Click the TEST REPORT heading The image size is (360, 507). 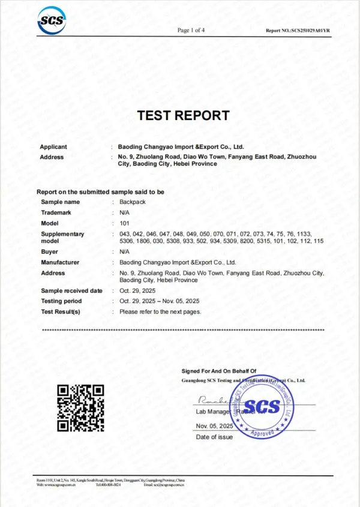tap(183, 115)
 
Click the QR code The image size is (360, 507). tap(80, 407)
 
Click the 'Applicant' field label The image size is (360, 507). tap(53, 147)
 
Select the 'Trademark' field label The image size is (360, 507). tap(56, 212)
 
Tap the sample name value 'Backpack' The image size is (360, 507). tap(133, 202)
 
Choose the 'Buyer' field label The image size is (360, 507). tap(50, 252)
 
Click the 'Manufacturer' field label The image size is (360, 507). tap(60, 262)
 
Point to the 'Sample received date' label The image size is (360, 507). tap(71, 291)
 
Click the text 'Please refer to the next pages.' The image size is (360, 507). tap(160, 312)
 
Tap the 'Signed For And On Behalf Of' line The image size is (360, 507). tap(218, 371)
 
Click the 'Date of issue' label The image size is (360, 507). tap(214, 437)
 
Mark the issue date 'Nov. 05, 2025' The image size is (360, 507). tap(214, 425)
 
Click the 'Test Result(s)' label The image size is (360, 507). tap(61, 312)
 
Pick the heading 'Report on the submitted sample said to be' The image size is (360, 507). tap(100, 192)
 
